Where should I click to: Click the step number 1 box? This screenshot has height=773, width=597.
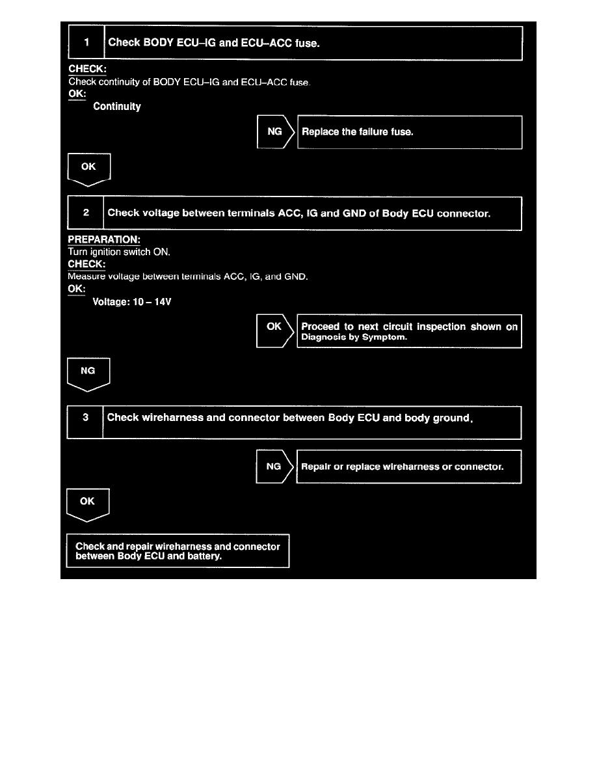(86, 43)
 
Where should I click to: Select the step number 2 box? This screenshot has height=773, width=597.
(86, 213)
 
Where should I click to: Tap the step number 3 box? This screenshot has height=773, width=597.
(85, 417)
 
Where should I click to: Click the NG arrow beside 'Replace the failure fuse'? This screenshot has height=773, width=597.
(275, 132)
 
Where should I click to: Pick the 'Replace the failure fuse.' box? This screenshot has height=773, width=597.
(410, 132)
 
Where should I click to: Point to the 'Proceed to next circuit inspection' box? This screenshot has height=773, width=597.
(409, 332)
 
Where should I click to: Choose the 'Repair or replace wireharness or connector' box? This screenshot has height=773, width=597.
(408, 467)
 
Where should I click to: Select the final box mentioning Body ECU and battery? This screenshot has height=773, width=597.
(178, 551)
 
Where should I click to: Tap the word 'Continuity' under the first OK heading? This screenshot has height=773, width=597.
(117, 106)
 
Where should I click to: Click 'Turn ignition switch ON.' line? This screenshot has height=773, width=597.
(119, 252)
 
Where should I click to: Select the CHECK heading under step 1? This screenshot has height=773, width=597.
(87, 69)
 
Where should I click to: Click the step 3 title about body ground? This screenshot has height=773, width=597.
(289, 418)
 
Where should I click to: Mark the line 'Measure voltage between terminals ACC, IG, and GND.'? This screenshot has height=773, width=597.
(188, 277)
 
